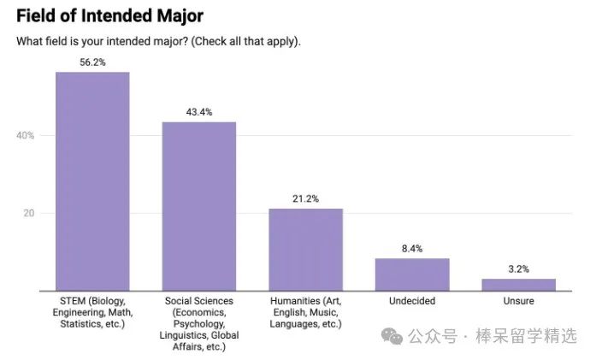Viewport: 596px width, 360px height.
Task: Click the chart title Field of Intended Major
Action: click(110, 16)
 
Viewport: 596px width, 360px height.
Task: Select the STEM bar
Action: click(92, 181)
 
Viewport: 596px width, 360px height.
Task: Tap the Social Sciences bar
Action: click(199, 206)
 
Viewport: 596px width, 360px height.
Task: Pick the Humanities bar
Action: click(305, 249)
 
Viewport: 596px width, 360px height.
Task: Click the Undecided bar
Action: click(412, 274)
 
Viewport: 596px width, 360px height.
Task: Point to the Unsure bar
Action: click(518, 284)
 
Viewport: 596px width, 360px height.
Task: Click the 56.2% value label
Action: click(92, 62)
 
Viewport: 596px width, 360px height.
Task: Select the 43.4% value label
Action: click(199, 112)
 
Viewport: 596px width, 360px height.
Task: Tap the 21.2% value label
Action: click(305, 198)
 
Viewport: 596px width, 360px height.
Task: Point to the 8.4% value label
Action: click(412, 248)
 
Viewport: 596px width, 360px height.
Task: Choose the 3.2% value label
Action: click(518, 269)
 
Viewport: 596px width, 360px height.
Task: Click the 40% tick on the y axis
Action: click(25, 135)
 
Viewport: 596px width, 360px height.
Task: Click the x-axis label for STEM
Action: click(92, 312)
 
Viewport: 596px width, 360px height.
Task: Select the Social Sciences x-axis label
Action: click(199, 323)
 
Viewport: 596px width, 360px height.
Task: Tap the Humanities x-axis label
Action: click(305, 312)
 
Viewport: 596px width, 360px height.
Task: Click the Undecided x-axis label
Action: click(412, 301)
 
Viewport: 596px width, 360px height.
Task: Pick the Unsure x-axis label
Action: click(518, 301)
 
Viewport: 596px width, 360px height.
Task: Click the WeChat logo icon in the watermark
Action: click(394, 336)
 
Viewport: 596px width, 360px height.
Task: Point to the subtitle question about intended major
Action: click(158, 41)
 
